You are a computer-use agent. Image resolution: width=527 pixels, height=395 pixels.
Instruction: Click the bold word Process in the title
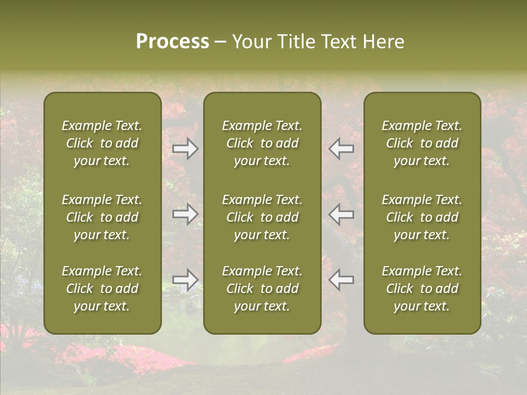172,42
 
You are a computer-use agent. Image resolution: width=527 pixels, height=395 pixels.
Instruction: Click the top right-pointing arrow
186,149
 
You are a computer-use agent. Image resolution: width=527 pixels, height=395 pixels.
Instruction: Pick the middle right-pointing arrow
186,214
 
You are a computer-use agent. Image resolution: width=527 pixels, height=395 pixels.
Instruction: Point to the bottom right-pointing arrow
186,280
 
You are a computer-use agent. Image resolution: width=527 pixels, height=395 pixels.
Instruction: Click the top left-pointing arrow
341,149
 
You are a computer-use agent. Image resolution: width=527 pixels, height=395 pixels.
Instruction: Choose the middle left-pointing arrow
341,214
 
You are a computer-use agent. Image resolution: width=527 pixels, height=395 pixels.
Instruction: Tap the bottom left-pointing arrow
341,280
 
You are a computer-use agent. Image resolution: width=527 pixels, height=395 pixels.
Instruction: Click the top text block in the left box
102,143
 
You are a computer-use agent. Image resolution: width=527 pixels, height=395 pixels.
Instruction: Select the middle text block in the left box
102,217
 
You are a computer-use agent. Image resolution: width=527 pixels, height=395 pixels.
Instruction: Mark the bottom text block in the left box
102,289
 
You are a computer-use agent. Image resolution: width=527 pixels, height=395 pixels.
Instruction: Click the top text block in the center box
262,143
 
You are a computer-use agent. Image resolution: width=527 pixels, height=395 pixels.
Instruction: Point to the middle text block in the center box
262,217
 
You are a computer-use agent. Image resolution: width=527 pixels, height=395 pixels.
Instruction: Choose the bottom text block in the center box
262,289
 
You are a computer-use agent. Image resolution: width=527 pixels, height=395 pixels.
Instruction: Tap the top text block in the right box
422,143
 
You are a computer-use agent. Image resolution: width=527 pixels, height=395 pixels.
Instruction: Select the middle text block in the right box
422,217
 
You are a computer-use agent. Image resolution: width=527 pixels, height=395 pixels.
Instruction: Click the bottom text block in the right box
422,289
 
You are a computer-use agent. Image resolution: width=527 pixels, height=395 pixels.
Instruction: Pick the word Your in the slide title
249,42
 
